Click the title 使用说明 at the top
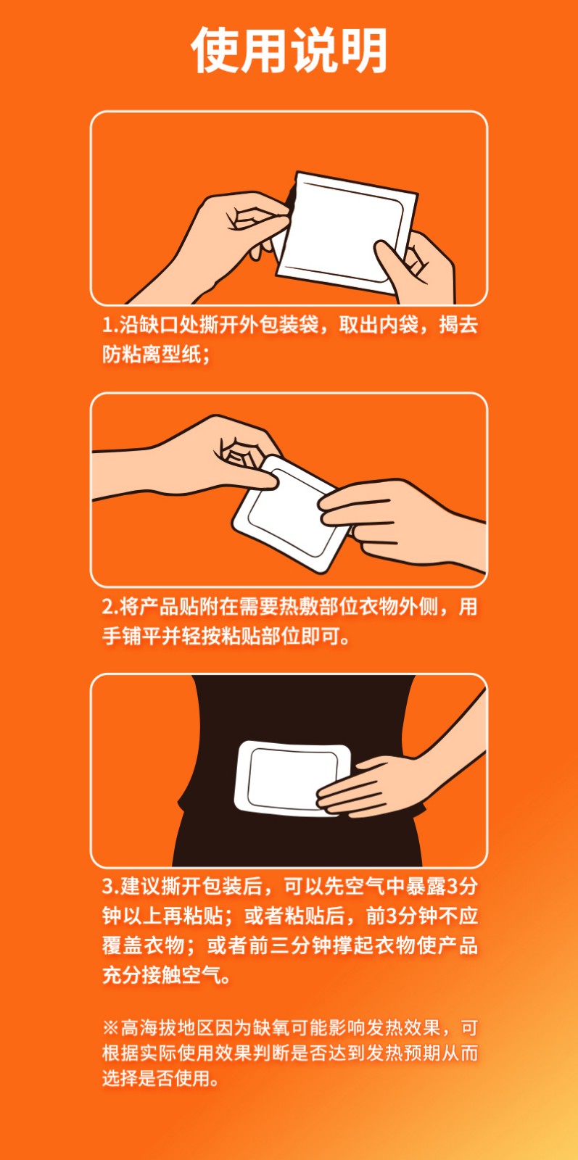point(289,50)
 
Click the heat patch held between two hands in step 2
point(290,514)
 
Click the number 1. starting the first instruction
point(110,326)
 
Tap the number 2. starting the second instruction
point(110,606)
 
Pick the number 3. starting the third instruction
point(110,886)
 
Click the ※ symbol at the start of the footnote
point(111,1027)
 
